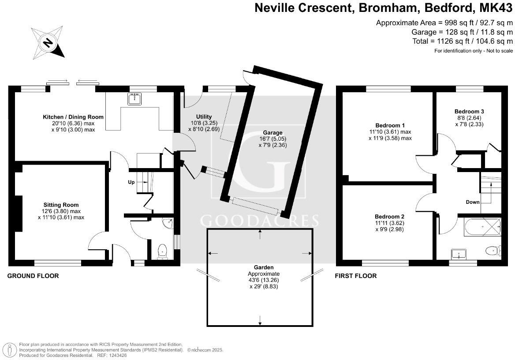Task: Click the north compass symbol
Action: point(48,42)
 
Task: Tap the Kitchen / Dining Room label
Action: point(73,117)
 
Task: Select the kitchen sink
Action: point(135,99)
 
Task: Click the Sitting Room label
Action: point(61,205)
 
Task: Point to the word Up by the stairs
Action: point(131,182)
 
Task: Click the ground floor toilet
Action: point(162,251)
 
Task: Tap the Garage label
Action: point(272,132)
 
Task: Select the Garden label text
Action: point(264,267)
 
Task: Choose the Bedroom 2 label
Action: point(389,217)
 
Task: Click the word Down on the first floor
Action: point(473,202)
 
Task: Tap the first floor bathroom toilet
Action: point(492,251)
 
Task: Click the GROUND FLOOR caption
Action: point(33,276)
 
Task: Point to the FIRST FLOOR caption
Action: point(356,276)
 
